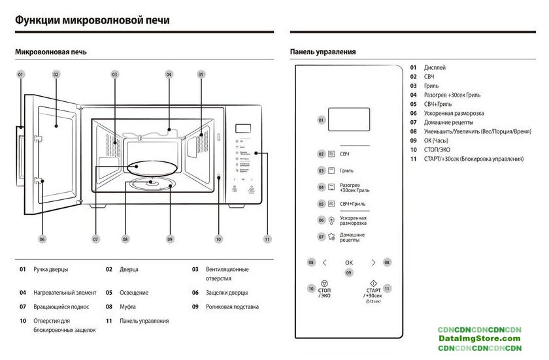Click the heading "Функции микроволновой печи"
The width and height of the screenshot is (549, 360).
pyautogui.click(x=92, y=20)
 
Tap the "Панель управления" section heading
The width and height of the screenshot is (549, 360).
pyautogui.click(x=323, y=52)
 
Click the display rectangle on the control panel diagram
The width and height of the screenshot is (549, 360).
pyautogui.click(x=348, y=120)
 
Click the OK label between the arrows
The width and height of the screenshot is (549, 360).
pyautogui.click(x=349, y=263)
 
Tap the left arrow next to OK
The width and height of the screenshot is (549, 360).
pyautogui.click(x=325, y=263)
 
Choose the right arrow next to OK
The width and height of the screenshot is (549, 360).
pyautogui.click(x=373, y=263)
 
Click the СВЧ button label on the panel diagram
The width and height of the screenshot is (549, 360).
pyautogui.click(x=344, y=154)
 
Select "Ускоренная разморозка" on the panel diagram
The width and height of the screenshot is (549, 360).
pyautogui.click(x=353, y=220)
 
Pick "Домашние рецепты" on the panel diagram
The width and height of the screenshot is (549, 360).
pyautogui.click(x=352, y=237)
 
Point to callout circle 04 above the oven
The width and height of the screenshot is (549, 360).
pyautogui.click(x=169, y=75)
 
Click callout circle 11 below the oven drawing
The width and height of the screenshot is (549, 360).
pyautogui.click(x=267, y=239)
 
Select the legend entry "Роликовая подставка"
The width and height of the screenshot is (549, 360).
pyautogui.click(x=232, y=306)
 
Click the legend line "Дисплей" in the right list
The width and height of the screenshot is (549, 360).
pyautogui.click(x=435, y=67)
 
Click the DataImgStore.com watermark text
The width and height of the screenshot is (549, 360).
pyautogui.click(x=480, y=338)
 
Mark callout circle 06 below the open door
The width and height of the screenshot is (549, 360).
pyautogui.click(x=42, y=239)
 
